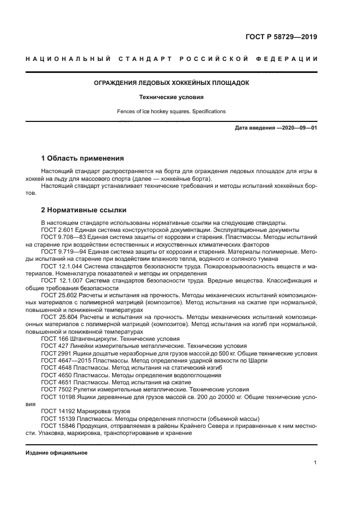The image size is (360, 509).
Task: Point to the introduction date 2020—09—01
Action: (x=299, y=128)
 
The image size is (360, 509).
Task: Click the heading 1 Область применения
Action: (x=82, y=158)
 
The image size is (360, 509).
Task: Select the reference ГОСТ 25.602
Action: (x=59, y=295)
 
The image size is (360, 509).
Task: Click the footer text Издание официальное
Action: (x=56, y=452)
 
